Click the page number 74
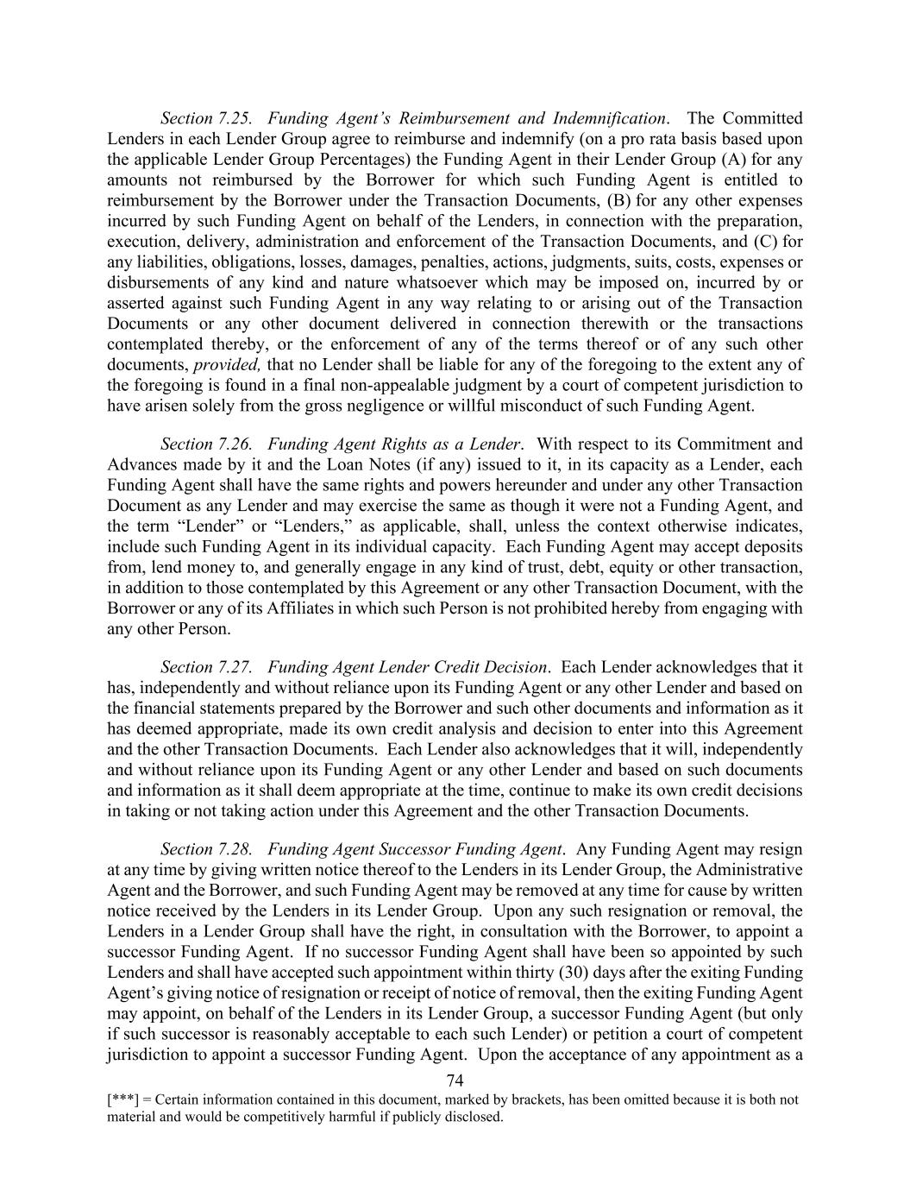tap(455, 1081)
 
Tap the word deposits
tap(773, 547)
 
